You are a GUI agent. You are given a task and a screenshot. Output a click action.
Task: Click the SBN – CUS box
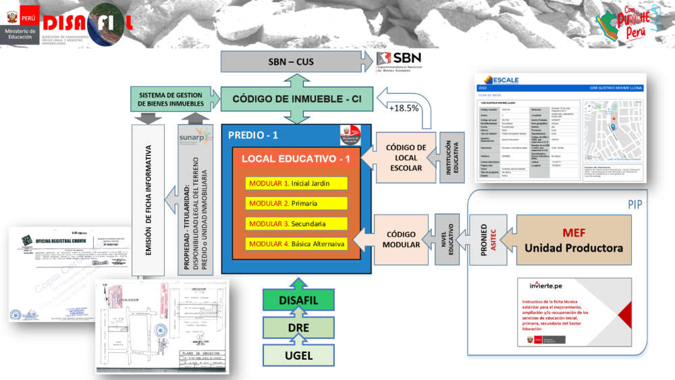[296, 63]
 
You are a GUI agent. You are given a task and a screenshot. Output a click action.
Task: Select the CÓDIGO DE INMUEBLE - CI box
[296, 99]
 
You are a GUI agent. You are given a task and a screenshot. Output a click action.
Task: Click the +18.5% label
[404, 107]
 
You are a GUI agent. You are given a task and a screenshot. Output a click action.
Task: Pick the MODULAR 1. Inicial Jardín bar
[296, 184]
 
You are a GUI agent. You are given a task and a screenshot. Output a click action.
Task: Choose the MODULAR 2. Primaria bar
[296, 203]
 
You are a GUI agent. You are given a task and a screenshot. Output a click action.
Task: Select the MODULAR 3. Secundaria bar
[296, 223]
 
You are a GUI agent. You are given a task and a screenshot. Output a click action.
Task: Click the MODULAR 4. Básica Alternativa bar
[296, 244]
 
